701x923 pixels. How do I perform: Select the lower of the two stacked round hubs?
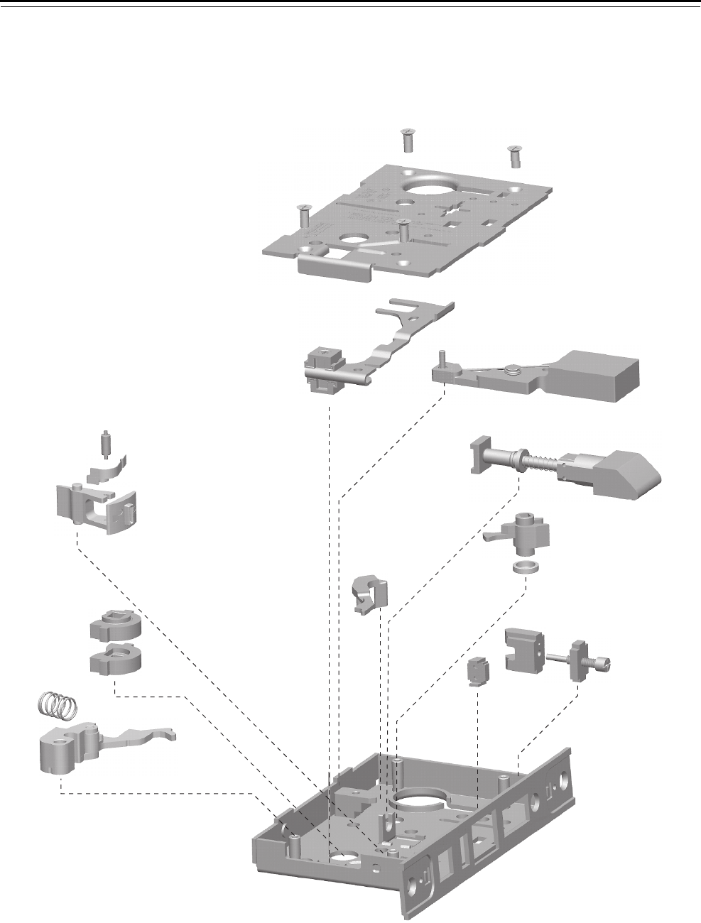click(115, 658)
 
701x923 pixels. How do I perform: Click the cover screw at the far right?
click(515, 154)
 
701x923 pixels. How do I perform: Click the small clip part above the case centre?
click(372, 593)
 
